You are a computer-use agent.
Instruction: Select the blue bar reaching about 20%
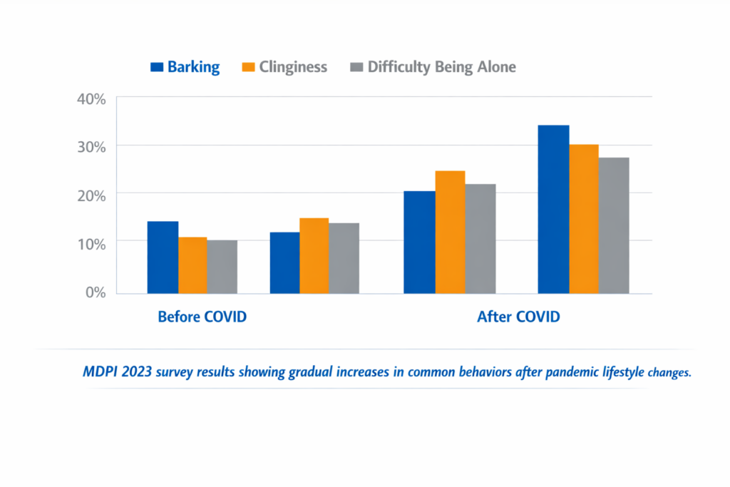click(x=419, y=242)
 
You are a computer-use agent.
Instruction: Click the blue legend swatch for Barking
click(x=157, y=68)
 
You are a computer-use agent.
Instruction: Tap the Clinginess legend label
click(x=293, y=68)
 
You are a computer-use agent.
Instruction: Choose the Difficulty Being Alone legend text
click(x=441, y=68)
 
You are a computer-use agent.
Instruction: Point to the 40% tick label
click(x=91, y=99)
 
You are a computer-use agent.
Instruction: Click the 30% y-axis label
click(x=91, y=147)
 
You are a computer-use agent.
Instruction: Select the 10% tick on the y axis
click(x=91, y=244)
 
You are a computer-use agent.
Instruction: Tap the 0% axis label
click(x=94, y=292)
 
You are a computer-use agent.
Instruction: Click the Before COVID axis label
click(x=202, y=317)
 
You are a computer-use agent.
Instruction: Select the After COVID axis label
click(x=518, y=317)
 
